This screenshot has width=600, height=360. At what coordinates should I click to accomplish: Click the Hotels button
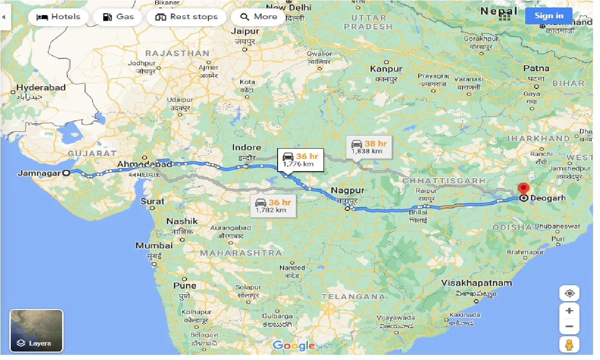(58, 17)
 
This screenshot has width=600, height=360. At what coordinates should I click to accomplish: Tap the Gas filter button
(118, 17)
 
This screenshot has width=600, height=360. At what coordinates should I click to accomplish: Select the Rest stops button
(186, 17)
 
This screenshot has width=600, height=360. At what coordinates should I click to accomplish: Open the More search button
(259, 17)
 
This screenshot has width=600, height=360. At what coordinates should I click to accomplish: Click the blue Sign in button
(549, 15)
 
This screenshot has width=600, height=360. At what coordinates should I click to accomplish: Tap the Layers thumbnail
(36, 331)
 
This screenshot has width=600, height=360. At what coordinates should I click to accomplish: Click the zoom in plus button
(569, 310)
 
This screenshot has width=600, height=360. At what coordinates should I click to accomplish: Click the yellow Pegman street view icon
(569, 345)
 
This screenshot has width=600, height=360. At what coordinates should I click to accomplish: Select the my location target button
(569, 294)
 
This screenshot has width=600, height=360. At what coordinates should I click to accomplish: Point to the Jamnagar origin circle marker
(66, 173)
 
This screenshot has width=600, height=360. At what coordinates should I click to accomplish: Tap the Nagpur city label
(347, 190)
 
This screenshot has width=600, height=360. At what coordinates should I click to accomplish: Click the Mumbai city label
(154, 245)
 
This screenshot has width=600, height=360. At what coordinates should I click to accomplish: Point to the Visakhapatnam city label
(477, 283)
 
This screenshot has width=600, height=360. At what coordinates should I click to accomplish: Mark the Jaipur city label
(245, 31)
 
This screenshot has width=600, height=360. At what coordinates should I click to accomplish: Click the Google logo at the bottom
(293, 346)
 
